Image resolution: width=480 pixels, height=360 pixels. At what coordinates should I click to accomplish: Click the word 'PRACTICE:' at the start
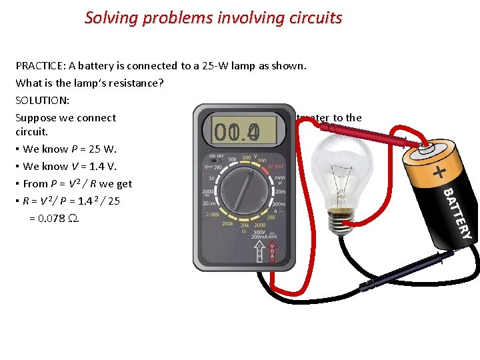[x=41, y=66]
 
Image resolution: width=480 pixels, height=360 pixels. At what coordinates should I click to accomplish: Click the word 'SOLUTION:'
[x=41, y=101]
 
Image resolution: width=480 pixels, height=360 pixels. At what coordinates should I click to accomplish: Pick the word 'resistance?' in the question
[x=136, y=83]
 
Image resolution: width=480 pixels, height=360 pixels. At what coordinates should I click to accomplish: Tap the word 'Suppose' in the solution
[x=35, y=118]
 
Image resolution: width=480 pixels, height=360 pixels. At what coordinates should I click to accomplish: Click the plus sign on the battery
[x=439, y=173]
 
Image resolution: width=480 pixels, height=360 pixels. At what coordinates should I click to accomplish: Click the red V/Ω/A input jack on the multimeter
[x=272, y=251]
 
